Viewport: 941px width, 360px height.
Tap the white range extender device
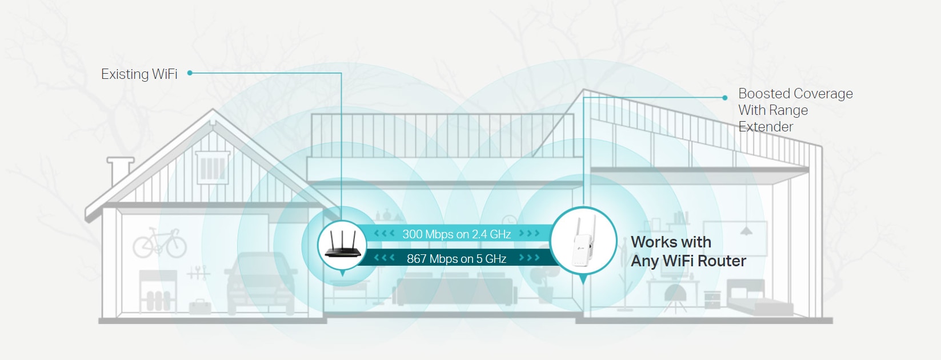pyautogui.click(x=583, y=241)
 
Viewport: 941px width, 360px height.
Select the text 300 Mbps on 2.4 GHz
pyautogui.click(x=457, y=234)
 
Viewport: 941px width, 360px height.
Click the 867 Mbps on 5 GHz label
pyautogui.click(x=457, y=258)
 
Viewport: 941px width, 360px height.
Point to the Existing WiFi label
pyautogui.click(x=139, y=74)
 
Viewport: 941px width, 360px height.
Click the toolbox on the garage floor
pyautogui.click(x=200, y=307)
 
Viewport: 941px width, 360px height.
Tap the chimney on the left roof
pyautogui.click(x=120, y=171)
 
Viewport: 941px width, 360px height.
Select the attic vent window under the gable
pyautogui.click(x=213, y=167)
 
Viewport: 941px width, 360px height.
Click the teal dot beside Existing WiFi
pyautogui.click(x=190, y=73)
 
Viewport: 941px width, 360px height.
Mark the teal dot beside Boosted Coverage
pyautogui.click(x=724, y=98)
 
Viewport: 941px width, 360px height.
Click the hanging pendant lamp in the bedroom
pyautogui.click(x=746, y=231)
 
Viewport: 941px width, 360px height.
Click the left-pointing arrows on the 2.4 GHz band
pyautogui.click(x=384, y=233)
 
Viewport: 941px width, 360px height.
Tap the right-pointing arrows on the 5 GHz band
pyautogui.click(x=529, y=258)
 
